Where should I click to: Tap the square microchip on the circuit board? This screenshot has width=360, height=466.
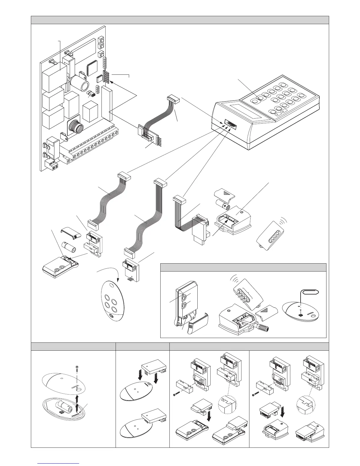(92, 67)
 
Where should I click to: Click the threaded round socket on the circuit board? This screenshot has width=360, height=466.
(75, 127)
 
